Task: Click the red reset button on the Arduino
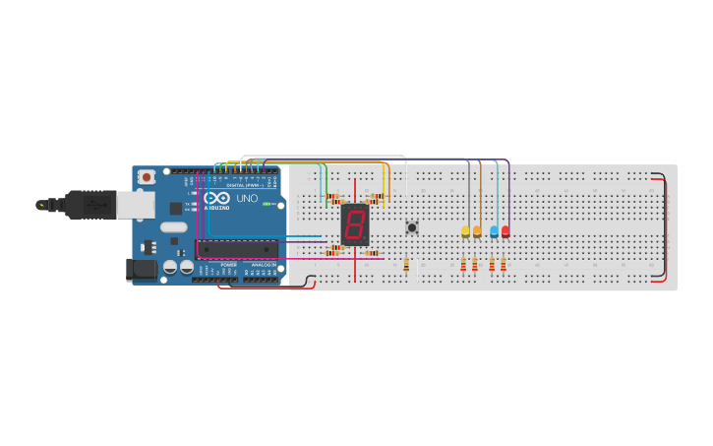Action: [147, 177]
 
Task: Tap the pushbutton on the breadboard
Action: [412, 227]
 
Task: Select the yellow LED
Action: [465, 232]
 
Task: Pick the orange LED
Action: [477, 232]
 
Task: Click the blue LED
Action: [494, 232]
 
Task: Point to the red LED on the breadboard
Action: [505, 232]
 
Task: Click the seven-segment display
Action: [355, 225]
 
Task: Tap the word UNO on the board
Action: [247, 198]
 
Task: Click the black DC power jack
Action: [143, 269]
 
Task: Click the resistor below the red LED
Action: [504, 264]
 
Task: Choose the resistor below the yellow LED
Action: [463, 264]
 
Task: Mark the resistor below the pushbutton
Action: [406, 264]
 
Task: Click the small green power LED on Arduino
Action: [266, 204]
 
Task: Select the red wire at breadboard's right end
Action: [665, 226]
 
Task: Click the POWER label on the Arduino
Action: [228, 265]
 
